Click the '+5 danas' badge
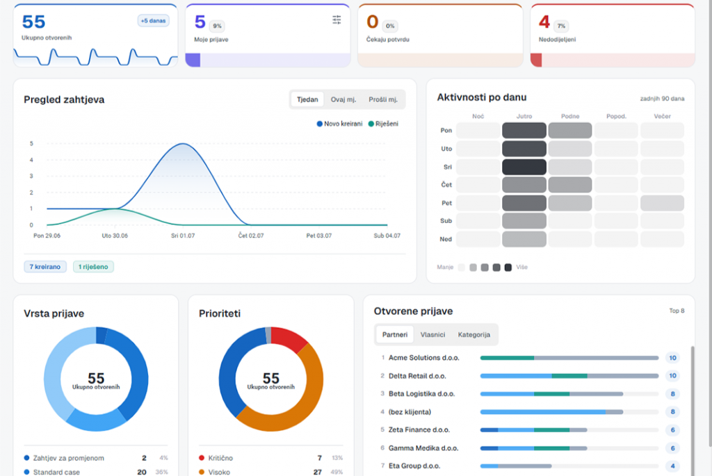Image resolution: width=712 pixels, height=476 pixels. click(x=154, y=21)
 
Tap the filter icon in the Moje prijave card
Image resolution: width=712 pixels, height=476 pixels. click(x=337, y=20)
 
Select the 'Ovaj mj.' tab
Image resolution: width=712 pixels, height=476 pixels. click(x=343, y=99)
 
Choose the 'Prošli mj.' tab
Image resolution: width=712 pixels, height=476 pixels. click(x=383, y=99)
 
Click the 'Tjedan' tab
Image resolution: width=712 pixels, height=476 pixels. click(x=307, y=99)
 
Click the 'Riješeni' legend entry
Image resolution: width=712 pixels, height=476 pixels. click(x=383, y=124)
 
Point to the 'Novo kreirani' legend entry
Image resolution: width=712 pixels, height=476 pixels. click(x=339, y=124)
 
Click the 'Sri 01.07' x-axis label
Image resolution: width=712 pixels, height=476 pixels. click(x=183, y=236)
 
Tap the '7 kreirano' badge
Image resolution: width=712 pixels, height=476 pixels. click(x=45, y=267)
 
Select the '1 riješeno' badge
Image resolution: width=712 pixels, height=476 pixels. click(x=93, y=267)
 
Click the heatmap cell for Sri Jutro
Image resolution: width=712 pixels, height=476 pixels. click(x=524, y=167)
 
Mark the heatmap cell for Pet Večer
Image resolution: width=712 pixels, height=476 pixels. click(x=662, y=203)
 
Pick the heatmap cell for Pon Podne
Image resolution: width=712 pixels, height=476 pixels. click(x=570, y=130)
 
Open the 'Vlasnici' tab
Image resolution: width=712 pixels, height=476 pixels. click(x=432, y=334)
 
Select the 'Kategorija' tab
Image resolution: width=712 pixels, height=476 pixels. click(x=474, y=334)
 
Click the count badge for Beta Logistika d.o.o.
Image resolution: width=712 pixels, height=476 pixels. click(x=672, y=394)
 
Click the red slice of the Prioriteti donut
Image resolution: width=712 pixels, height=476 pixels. click(x=290, y=338)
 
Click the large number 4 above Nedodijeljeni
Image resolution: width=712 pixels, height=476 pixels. click(x=544, y=22)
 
